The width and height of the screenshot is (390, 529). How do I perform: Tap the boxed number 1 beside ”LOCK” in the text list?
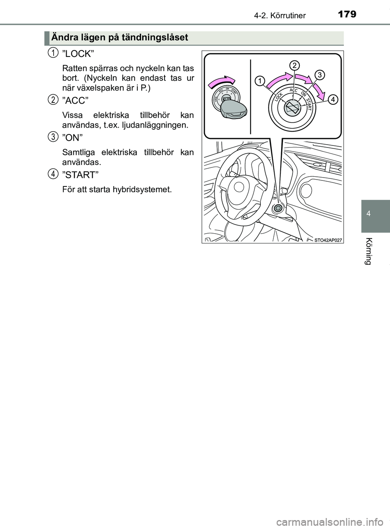click(x=52, y=52)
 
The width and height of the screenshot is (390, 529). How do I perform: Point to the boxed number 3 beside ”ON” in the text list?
click(x=52, y=137)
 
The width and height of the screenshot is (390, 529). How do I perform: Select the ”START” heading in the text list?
click(x=80, y=175)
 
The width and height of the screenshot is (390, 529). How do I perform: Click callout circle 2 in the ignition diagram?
click(x=295, y=65)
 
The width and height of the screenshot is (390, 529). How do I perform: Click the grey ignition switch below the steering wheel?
click(x=278, y=208)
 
